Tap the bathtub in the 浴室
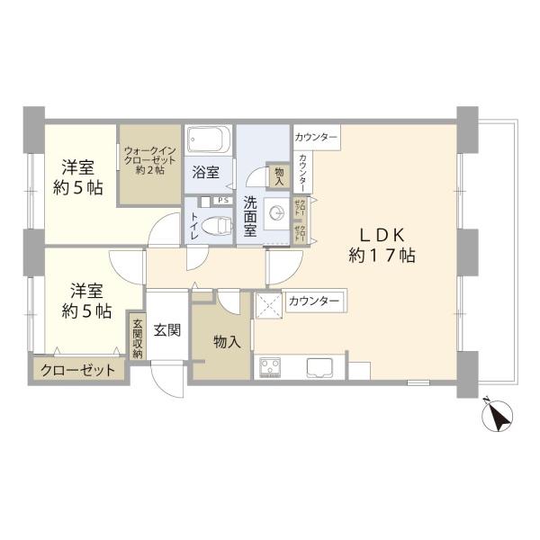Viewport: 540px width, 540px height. tap(207, 141)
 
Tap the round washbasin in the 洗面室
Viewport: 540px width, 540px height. tap(278, 212)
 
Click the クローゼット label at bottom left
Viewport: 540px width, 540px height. tap(77, 370)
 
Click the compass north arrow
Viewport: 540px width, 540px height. tap(496, 414)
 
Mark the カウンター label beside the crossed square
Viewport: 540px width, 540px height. tap(313, 301)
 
